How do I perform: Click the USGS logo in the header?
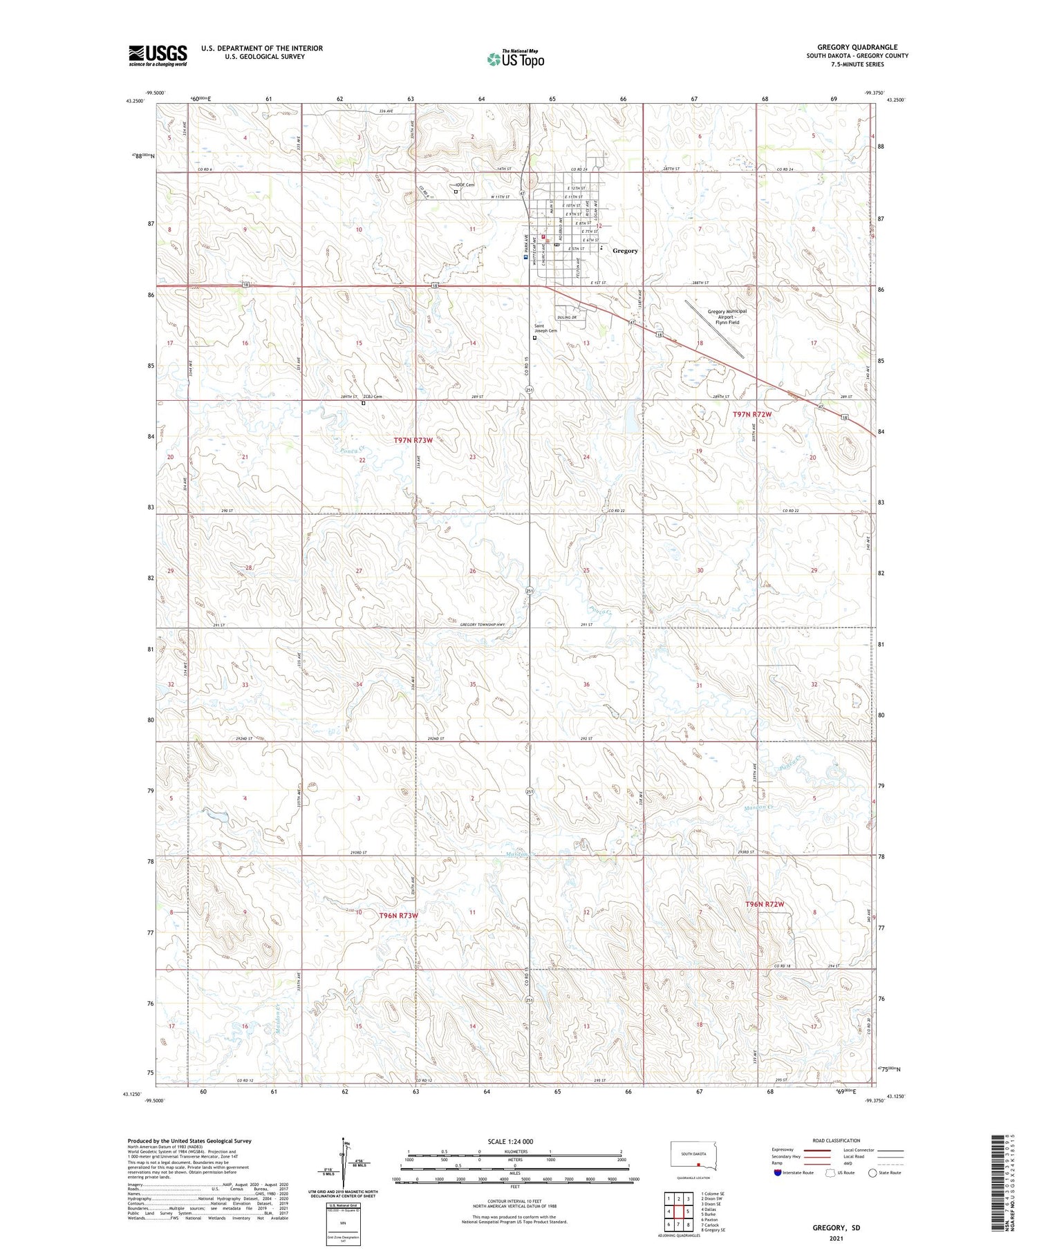158,55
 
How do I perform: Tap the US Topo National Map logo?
515,59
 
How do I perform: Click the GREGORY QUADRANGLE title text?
857,47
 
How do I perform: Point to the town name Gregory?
625,251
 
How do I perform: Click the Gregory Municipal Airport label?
727,317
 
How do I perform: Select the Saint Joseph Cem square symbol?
534,338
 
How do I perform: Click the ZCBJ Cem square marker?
364,404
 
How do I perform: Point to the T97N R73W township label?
413,440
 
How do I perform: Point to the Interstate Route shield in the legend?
778,1172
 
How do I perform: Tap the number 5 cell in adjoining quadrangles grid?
688,1211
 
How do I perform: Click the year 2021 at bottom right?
836,1238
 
